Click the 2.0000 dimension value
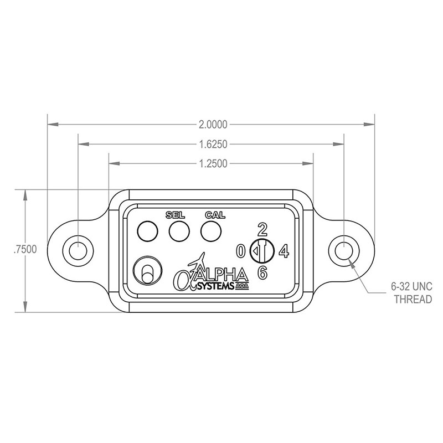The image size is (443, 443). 213,124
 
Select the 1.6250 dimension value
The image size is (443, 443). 213,145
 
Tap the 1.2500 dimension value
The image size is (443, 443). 213,163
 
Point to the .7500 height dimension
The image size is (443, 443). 25,250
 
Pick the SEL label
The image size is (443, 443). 175,215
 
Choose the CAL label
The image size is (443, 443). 215,215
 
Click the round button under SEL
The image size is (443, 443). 179,231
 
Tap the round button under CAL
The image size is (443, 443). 211,231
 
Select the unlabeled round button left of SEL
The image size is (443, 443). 147,231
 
